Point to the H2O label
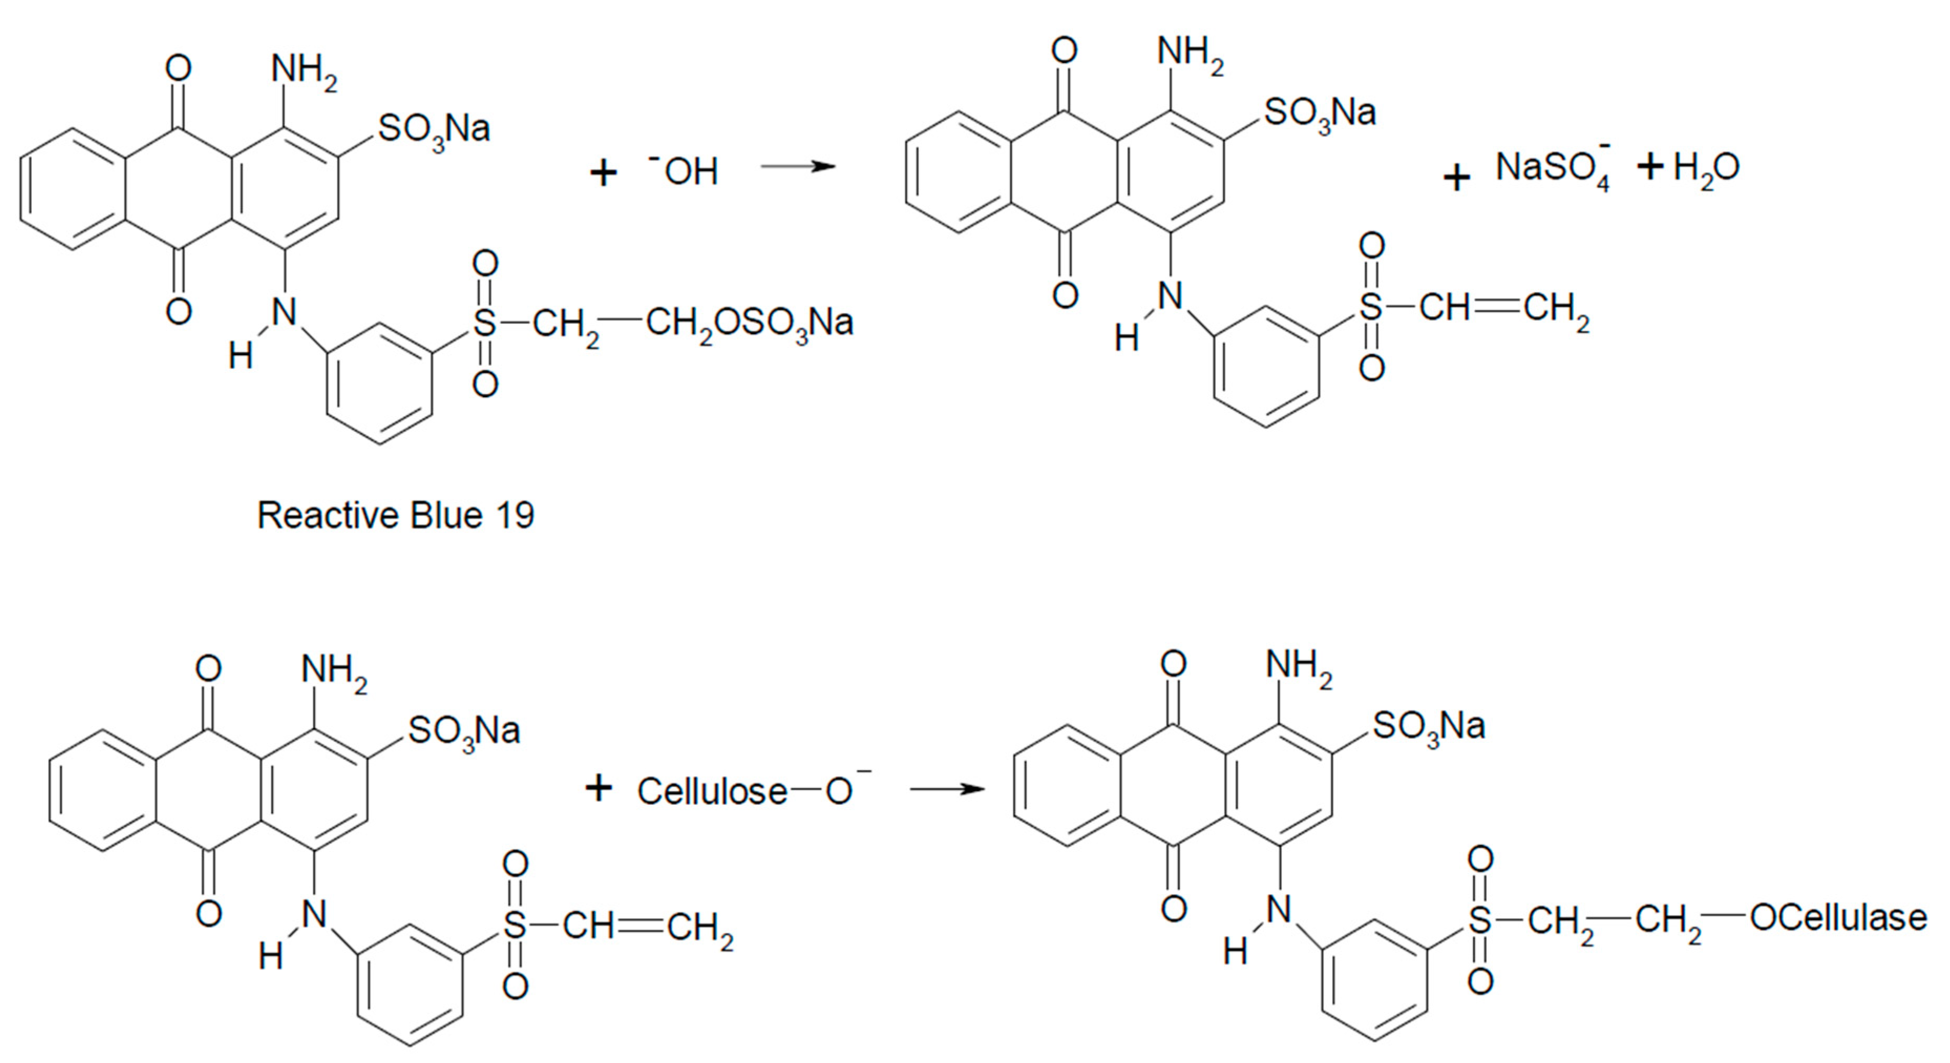pos(1707,167)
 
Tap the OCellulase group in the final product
pos(1838,918)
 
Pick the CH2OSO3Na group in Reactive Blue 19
pos(749,323)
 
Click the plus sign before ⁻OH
pos(603,173)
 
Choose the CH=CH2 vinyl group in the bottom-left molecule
pos(647,927)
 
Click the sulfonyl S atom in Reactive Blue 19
pos(484,323)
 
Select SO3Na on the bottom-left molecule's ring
pos(464,732)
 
